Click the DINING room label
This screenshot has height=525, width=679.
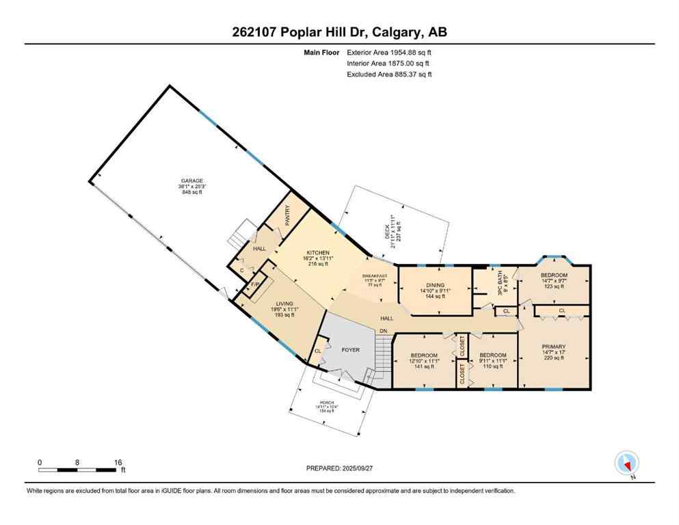click(x=435, y=285)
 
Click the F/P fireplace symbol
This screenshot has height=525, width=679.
click(x=255, y=284)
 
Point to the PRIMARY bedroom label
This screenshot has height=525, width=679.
click(x=554, y=347)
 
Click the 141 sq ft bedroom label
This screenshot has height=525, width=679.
click(x=424, y=355)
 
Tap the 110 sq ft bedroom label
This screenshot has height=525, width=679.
click(x=492, y=355)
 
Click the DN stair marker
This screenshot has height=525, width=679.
click(x=383, y=331)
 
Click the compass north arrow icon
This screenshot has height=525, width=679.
click(x=626, y=464)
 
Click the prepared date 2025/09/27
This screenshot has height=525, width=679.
click(x=367, y=468)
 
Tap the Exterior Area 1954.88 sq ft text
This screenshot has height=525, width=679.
click(x=389, y=51)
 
